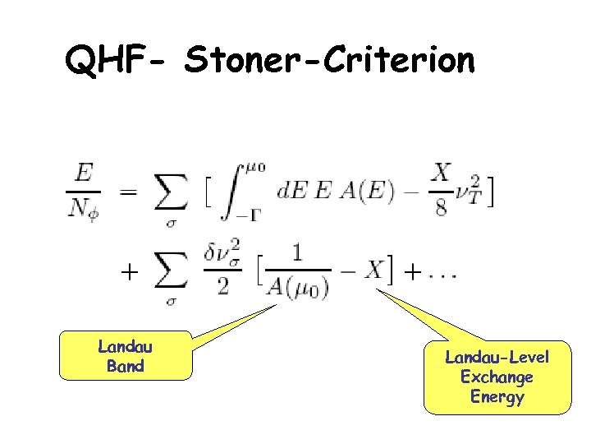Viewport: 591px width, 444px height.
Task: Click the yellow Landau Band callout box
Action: point(126,356)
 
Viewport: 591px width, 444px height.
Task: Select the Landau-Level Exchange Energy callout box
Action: point(497,377)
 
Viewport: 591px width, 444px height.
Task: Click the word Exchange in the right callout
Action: point(497,377)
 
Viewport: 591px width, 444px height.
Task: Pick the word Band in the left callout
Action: point(126,366)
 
